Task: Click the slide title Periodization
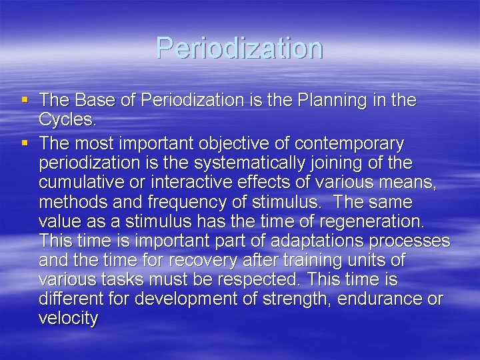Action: pyautogui.click(x=239, y=48)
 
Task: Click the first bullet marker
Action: pyautogui.click(x=25, y=101)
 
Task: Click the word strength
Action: pyautogui.click(x=296, y=299)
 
